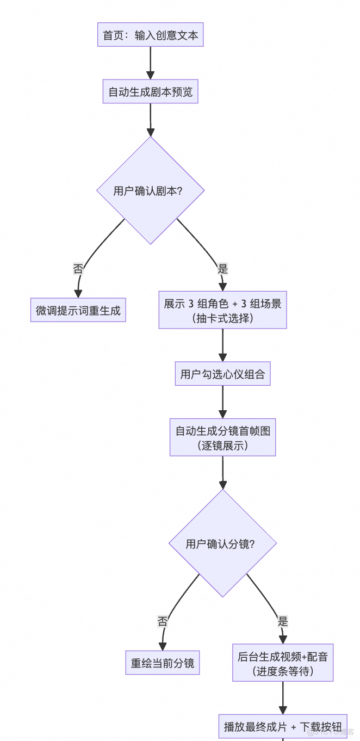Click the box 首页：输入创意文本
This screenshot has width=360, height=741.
(x=151, y=36)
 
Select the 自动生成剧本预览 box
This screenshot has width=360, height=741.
(x=151, y=91)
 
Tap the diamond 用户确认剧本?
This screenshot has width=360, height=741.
(x=151, y=190)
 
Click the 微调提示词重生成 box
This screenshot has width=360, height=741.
(x=78, y=311)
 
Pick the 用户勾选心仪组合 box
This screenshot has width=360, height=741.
(x=222, y=375)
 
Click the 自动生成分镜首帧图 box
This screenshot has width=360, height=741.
(x=222, y=437)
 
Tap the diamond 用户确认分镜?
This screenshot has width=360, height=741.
(x=222, y=544)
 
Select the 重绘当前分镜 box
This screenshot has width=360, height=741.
(x=163, y=663)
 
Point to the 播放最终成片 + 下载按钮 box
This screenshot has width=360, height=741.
(x=283, y=726)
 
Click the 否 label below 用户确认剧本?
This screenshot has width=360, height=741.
(x=78, y=268)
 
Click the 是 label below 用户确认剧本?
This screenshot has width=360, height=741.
(x=222, y=268)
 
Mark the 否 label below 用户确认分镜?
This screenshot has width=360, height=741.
(x=163, y=621)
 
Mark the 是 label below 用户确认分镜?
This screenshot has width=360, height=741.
(x=283, y=621)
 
